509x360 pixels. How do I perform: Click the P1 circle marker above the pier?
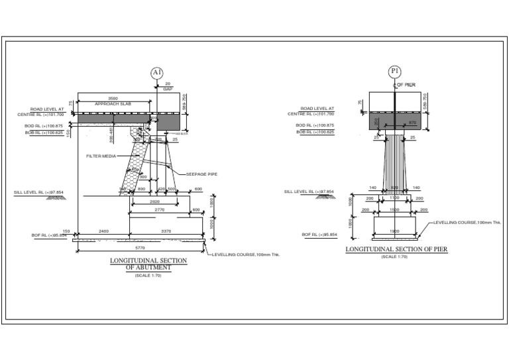point(395,72)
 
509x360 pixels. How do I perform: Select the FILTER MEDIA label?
point(101,156)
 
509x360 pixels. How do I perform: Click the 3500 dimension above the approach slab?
point(113,98)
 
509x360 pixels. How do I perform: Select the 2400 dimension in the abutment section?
point(104,231)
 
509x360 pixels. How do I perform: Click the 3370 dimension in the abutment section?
point(166,231)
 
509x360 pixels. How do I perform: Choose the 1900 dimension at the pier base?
point(395,231)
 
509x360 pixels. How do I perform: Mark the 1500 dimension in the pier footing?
point(395,210)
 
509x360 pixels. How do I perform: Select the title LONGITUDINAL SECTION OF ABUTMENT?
point(148,264)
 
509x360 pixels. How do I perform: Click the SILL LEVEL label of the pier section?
point(309,192)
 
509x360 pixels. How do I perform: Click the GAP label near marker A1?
point(168,88)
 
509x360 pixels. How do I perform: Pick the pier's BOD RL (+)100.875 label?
point(315,125)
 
